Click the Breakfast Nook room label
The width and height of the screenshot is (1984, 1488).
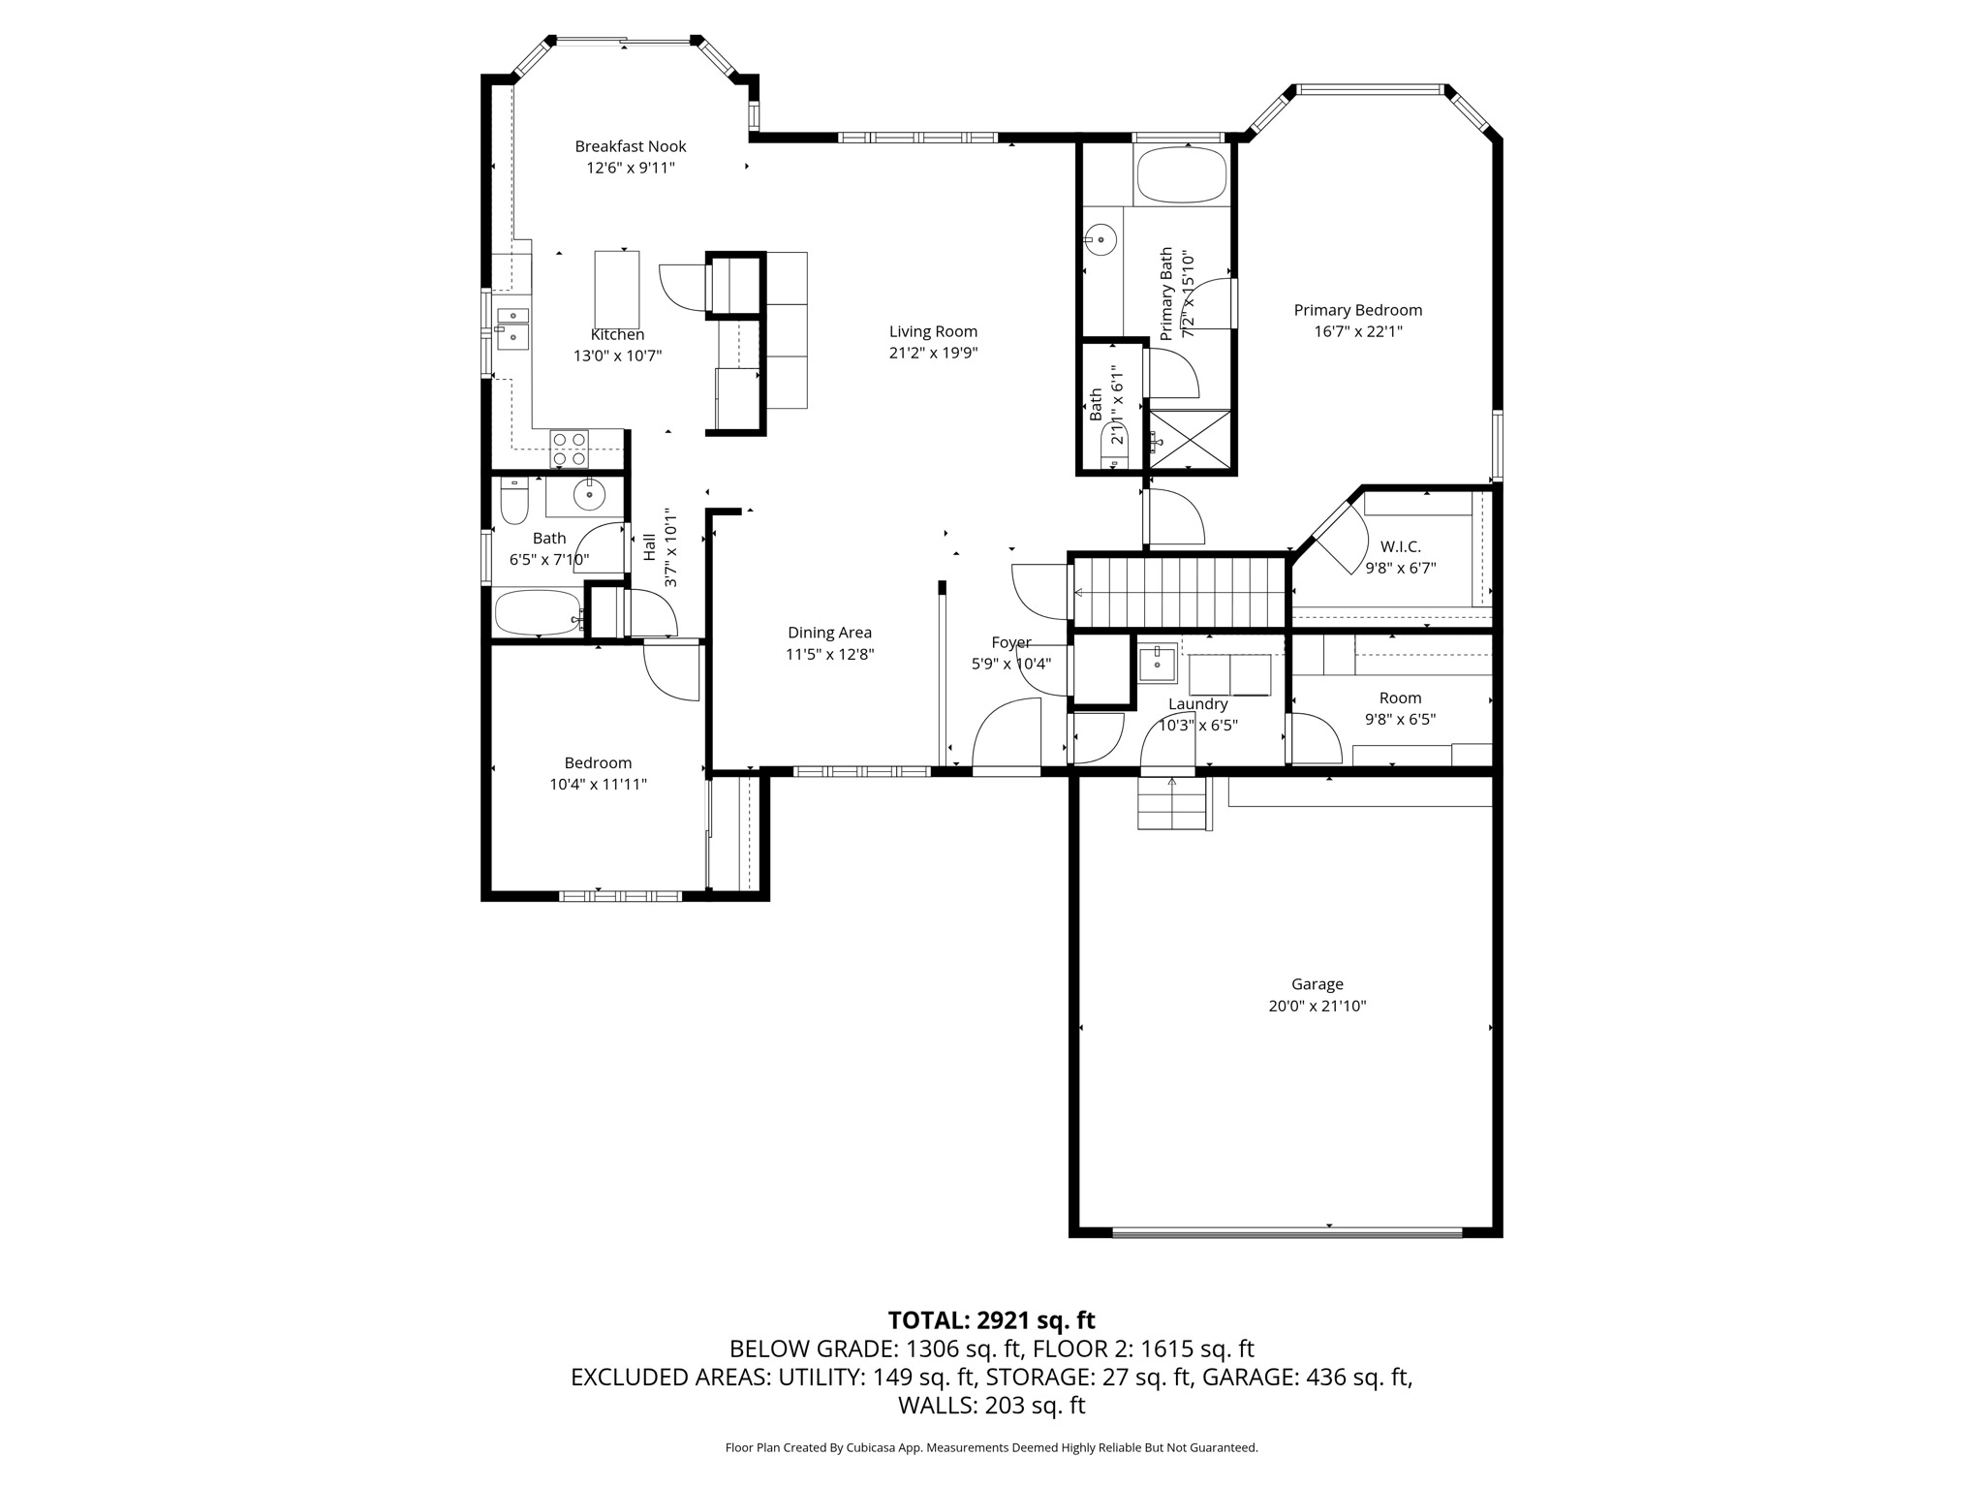pos(630,146)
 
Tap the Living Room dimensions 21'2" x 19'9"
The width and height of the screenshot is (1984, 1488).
pos(933,353)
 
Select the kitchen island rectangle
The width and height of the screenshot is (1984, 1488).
pos(617,290)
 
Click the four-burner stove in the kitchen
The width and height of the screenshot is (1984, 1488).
pos(570,449)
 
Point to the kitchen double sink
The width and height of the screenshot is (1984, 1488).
pos(512,328)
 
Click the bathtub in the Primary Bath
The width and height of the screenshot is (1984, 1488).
pos(1181,175)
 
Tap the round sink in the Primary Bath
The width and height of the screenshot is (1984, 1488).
pos(1100,237)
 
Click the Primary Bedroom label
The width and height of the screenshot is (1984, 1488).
pos(1358,310)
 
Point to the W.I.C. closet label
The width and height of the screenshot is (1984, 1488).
pos(1400,547)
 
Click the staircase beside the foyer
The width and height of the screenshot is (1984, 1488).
pos(1181,592)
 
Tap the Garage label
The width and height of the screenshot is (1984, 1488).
pos(1317,984)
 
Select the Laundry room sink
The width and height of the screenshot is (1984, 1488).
pos(1157,664)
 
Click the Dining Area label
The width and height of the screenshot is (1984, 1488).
pos(829,633)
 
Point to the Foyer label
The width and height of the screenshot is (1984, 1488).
pos(1011,642)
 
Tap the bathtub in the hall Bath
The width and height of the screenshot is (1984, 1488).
pos(539,612)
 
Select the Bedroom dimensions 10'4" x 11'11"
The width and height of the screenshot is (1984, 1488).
pos(598,784)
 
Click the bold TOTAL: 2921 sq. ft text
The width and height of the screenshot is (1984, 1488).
pos(991,1320)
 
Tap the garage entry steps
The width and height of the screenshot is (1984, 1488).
pos(1172,803)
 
